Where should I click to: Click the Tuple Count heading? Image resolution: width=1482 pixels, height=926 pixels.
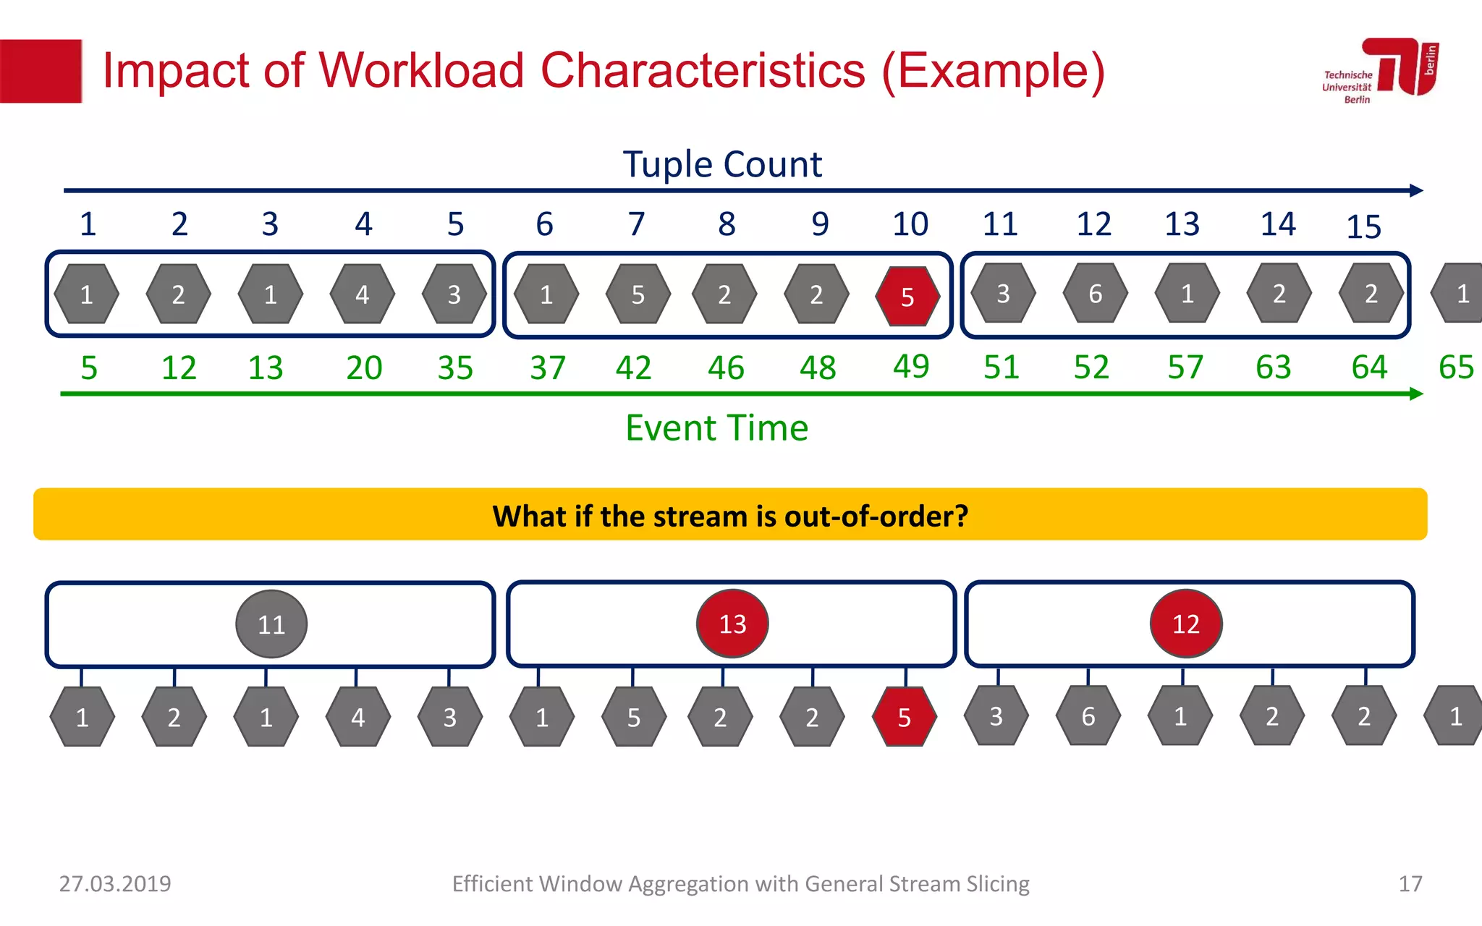tap(722, 164)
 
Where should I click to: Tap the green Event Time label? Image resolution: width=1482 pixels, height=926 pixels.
tap(716, 428)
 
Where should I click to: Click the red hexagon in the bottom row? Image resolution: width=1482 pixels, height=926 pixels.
tap(904, 717)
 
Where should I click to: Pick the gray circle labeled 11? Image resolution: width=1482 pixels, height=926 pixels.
tap(271, 624)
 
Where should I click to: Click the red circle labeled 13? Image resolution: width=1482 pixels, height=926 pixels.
tap(732, 624)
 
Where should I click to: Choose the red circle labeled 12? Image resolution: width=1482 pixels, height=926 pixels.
tap(1186, 624)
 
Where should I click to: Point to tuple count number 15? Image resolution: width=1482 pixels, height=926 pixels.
tap(1363, 227)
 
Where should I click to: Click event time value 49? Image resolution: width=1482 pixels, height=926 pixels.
tap(910, 366)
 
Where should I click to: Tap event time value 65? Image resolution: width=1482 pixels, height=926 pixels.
tap(1456, 368)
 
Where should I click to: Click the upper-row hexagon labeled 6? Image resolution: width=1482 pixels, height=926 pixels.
tap(1095, 294)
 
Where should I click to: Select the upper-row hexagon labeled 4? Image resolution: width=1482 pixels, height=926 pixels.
tap(363, 294)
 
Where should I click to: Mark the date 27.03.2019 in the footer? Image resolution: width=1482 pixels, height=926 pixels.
tap(115, 883)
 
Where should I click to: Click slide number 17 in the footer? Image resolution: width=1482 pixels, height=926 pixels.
tap(1410, 883)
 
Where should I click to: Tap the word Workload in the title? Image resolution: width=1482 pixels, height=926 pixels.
tap(421, 71)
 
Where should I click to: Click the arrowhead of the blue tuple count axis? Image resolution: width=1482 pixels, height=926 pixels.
tap(1417, 190)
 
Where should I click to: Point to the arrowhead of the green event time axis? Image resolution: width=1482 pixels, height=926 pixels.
tap(1417, 394)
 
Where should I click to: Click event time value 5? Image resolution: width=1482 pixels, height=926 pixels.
tap(88, 368)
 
